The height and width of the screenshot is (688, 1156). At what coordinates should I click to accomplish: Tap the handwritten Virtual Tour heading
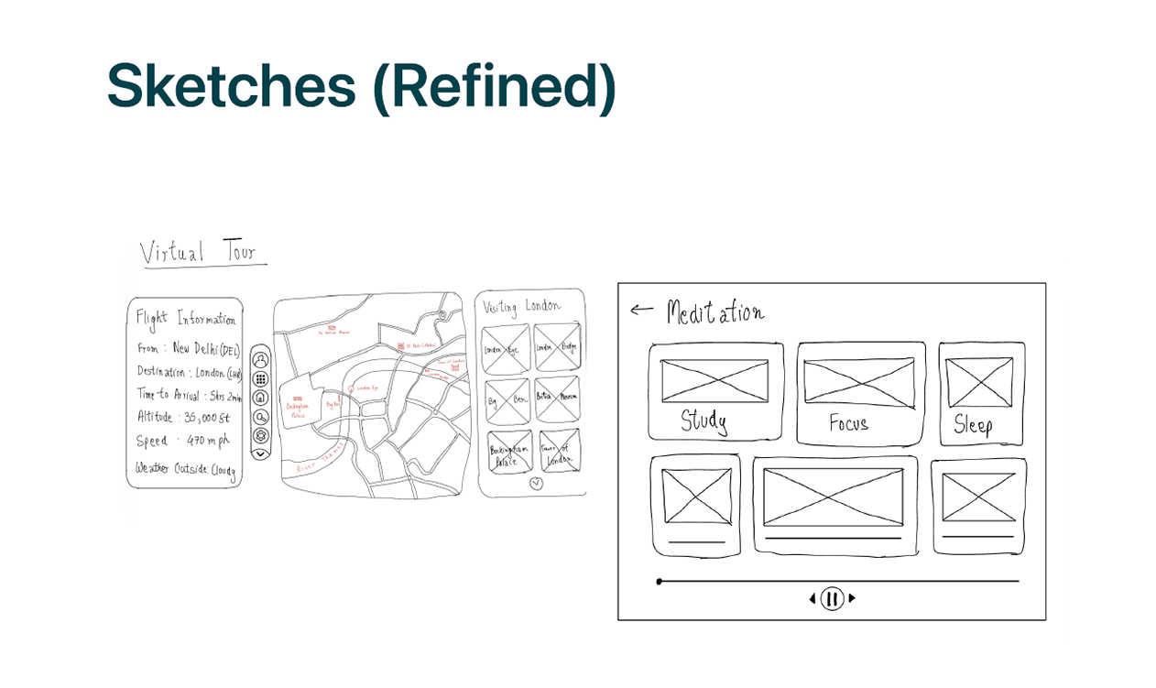[x=199, y=252]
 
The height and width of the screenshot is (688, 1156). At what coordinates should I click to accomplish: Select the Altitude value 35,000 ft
[x=207, y=417]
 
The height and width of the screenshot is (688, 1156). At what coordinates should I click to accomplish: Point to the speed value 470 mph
[x=207, y=441]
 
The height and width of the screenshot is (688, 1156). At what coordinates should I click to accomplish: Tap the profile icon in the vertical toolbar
[x=260, y=360]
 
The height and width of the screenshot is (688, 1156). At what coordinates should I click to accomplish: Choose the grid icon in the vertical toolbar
[x=260, y=378]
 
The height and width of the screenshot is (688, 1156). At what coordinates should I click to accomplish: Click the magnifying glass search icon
[x=260, y=417]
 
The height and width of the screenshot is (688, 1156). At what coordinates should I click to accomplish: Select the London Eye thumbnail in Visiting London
[x=506, y=350]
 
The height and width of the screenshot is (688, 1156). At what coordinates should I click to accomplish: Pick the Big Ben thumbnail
[x=507, y=400]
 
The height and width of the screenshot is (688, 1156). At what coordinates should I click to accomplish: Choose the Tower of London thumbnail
[x=559, y=453]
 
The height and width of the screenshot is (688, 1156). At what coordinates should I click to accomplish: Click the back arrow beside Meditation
[x=641, y=310]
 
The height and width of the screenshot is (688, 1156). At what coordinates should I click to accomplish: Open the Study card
[x=715, y=391]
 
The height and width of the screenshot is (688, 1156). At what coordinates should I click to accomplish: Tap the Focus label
[x=848, y=423]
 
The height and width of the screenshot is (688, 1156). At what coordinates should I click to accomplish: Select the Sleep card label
[x=973, y=424]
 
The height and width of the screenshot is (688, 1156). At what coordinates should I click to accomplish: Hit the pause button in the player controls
[x=832, y=599]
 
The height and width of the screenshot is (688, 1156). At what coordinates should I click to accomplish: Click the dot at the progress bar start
[x=660, y=582]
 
